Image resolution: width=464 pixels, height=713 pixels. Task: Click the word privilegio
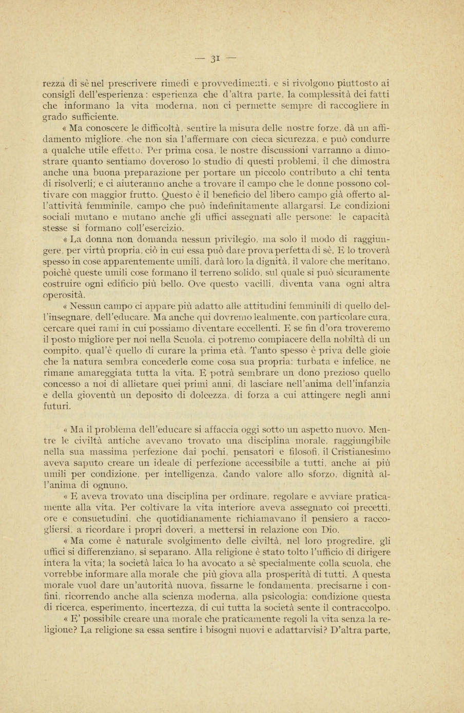235,239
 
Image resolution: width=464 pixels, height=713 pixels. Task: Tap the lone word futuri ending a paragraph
57,407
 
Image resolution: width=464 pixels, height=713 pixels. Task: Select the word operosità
65,295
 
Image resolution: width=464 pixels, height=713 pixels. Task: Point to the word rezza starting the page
56,83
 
